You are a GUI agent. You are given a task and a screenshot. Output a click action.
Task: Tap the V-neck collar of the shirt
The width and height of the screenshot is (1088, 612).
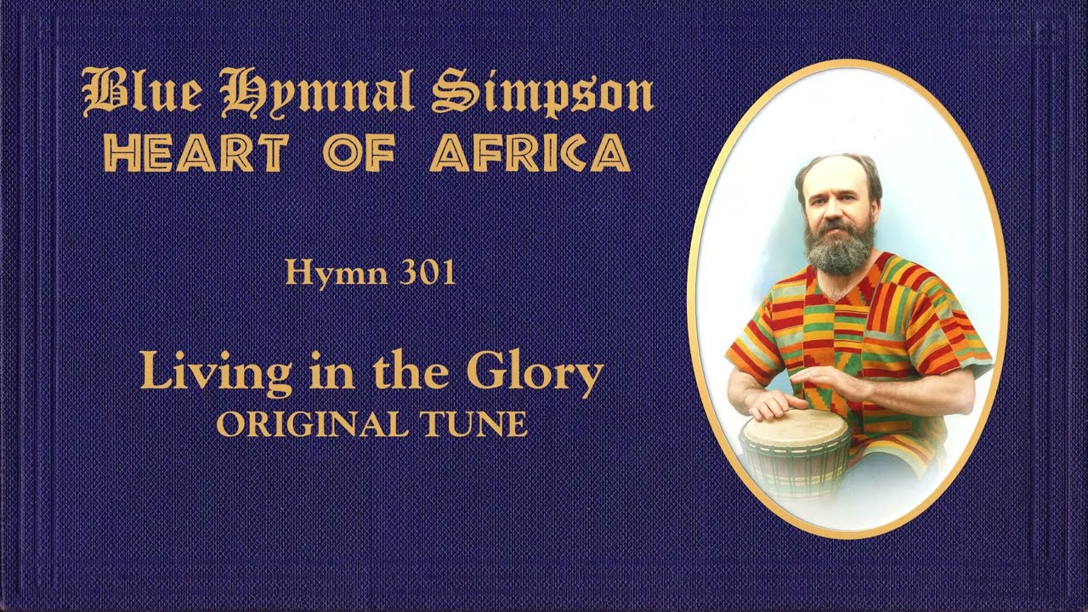coord(836,294)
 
